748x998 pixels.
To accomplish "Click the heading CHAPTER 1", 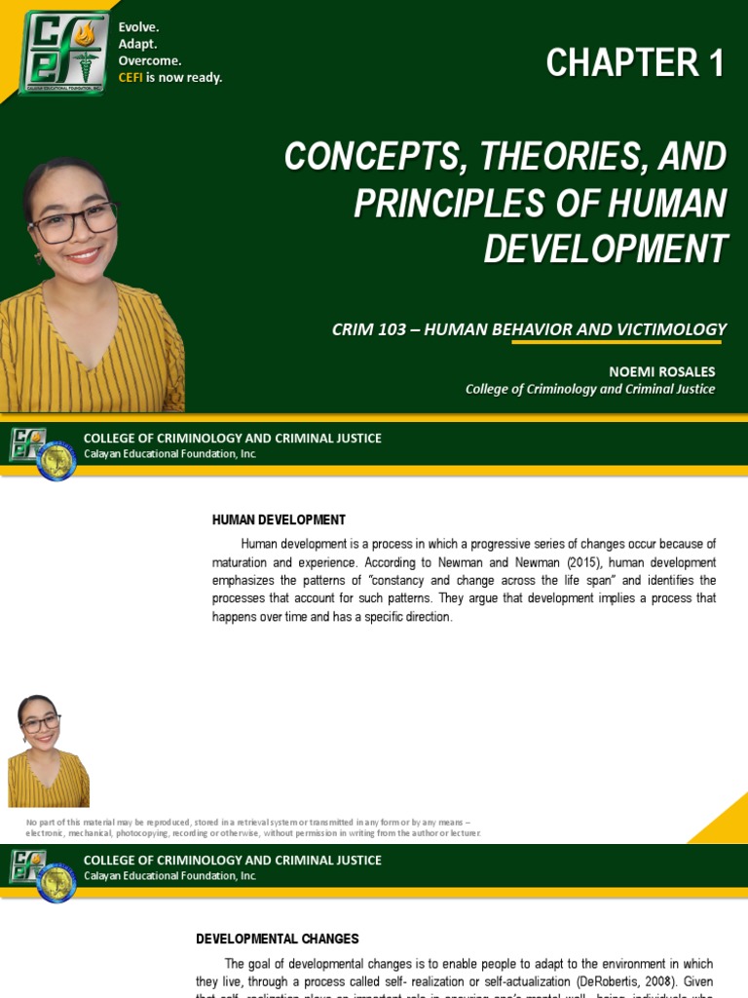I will pos(635,64).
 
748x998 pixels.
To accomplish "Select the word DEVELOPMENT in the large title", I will pos(605,249).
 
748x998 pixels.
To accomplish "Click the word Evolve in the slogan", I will pos(138,27).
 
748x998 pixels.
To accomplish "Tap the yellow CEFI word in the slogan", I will pos(131,78).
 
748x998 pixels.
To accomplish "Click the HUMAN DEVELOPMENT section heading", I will pos(279,520).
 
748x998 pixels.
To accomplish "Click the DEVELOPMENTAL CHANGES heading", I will pos(278,940).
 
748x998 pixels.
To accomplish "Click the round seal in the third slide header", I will pos(56,882).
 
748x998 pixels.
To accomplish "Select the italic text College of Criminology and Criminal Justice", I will pos(590,389).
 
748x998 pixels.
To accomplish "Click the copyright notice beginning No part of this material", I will pos(252,827).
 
